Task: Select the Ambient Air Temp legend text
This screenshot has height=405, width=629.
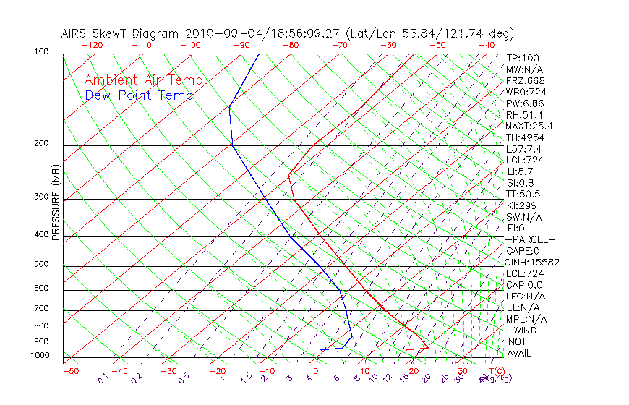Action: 143,80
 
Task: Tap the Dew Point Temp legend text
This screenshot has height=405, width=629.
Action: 139,95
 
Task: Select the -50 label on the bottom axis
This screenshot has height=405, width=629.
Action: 70,372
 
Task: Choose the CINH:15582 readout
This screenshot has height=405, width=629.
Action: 533,262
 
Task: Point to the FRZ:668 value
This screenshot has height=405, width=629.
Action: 526,80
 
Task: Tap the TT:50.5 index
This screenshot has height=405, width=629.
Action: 523,194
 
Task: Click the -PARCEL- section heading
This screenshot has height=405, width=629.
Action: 530,239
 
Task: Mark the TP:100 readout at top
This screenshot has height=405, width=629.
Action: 523,58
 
